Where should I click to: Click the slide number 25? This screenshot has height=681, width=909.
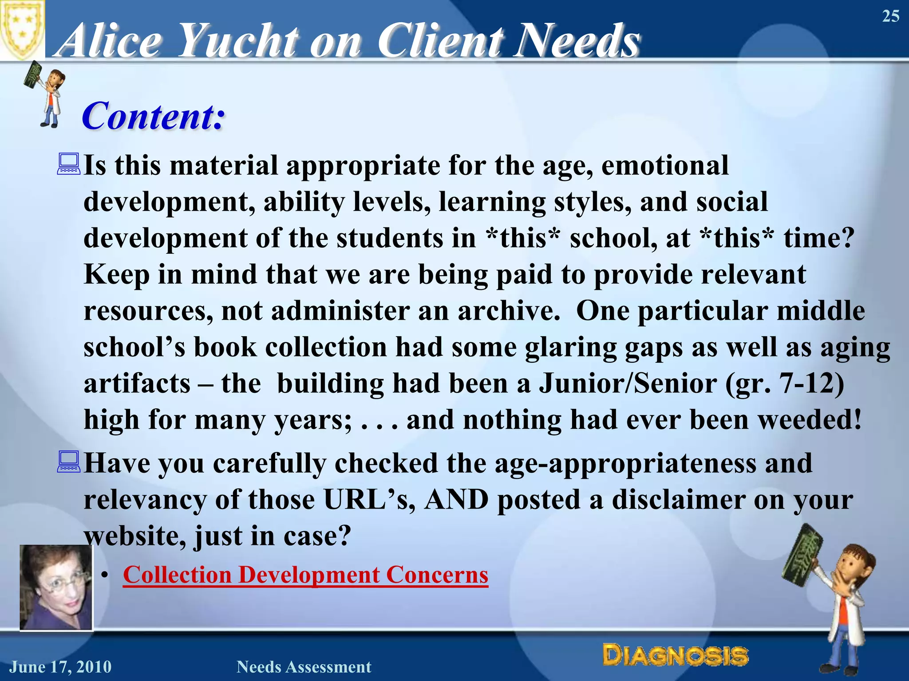click(x=890, y=16)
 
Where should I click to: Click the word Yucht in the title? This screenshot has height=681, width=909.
click(x=237, y=41)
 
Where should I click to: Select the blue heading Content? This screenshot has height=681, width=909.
click(x=153, y=116)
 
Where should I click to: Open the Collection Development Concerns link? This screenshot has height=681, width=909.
click(x=305, y=575)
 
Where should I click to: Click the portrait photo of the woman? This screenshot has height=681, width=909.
click(x=56, y=587)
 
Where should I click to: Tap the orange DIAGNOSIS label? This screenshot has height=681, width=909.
click(x=675, y=655)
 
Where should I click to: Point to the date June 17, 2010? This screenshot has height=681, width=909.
click(x=60, y=667)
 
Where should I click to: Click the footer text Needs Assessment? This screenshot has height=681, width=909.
click(x=304, y=667)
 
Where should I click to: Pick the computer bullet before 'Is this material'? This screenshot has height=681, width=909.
click(x=69, y=164)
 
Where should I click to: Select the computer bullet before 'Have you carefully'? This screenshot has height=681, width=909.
click(x=69, y=462)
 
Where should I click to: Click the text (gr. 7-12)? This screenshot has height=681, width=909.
click(x=784, y=383)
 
